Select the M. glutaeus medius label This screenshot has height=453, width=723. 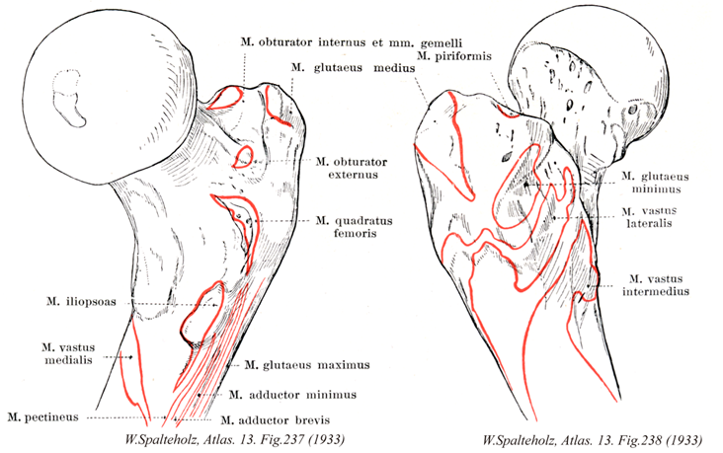tap(348, 67)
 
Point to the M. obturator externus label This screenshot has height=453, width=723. tap(352, 168)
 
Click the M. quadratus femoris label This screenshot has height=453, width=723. tap(354, 228)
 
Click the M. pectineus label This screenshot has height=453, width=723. tap(47, 417)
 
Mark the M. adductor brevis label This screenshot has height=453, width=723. tap(281, 419)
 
